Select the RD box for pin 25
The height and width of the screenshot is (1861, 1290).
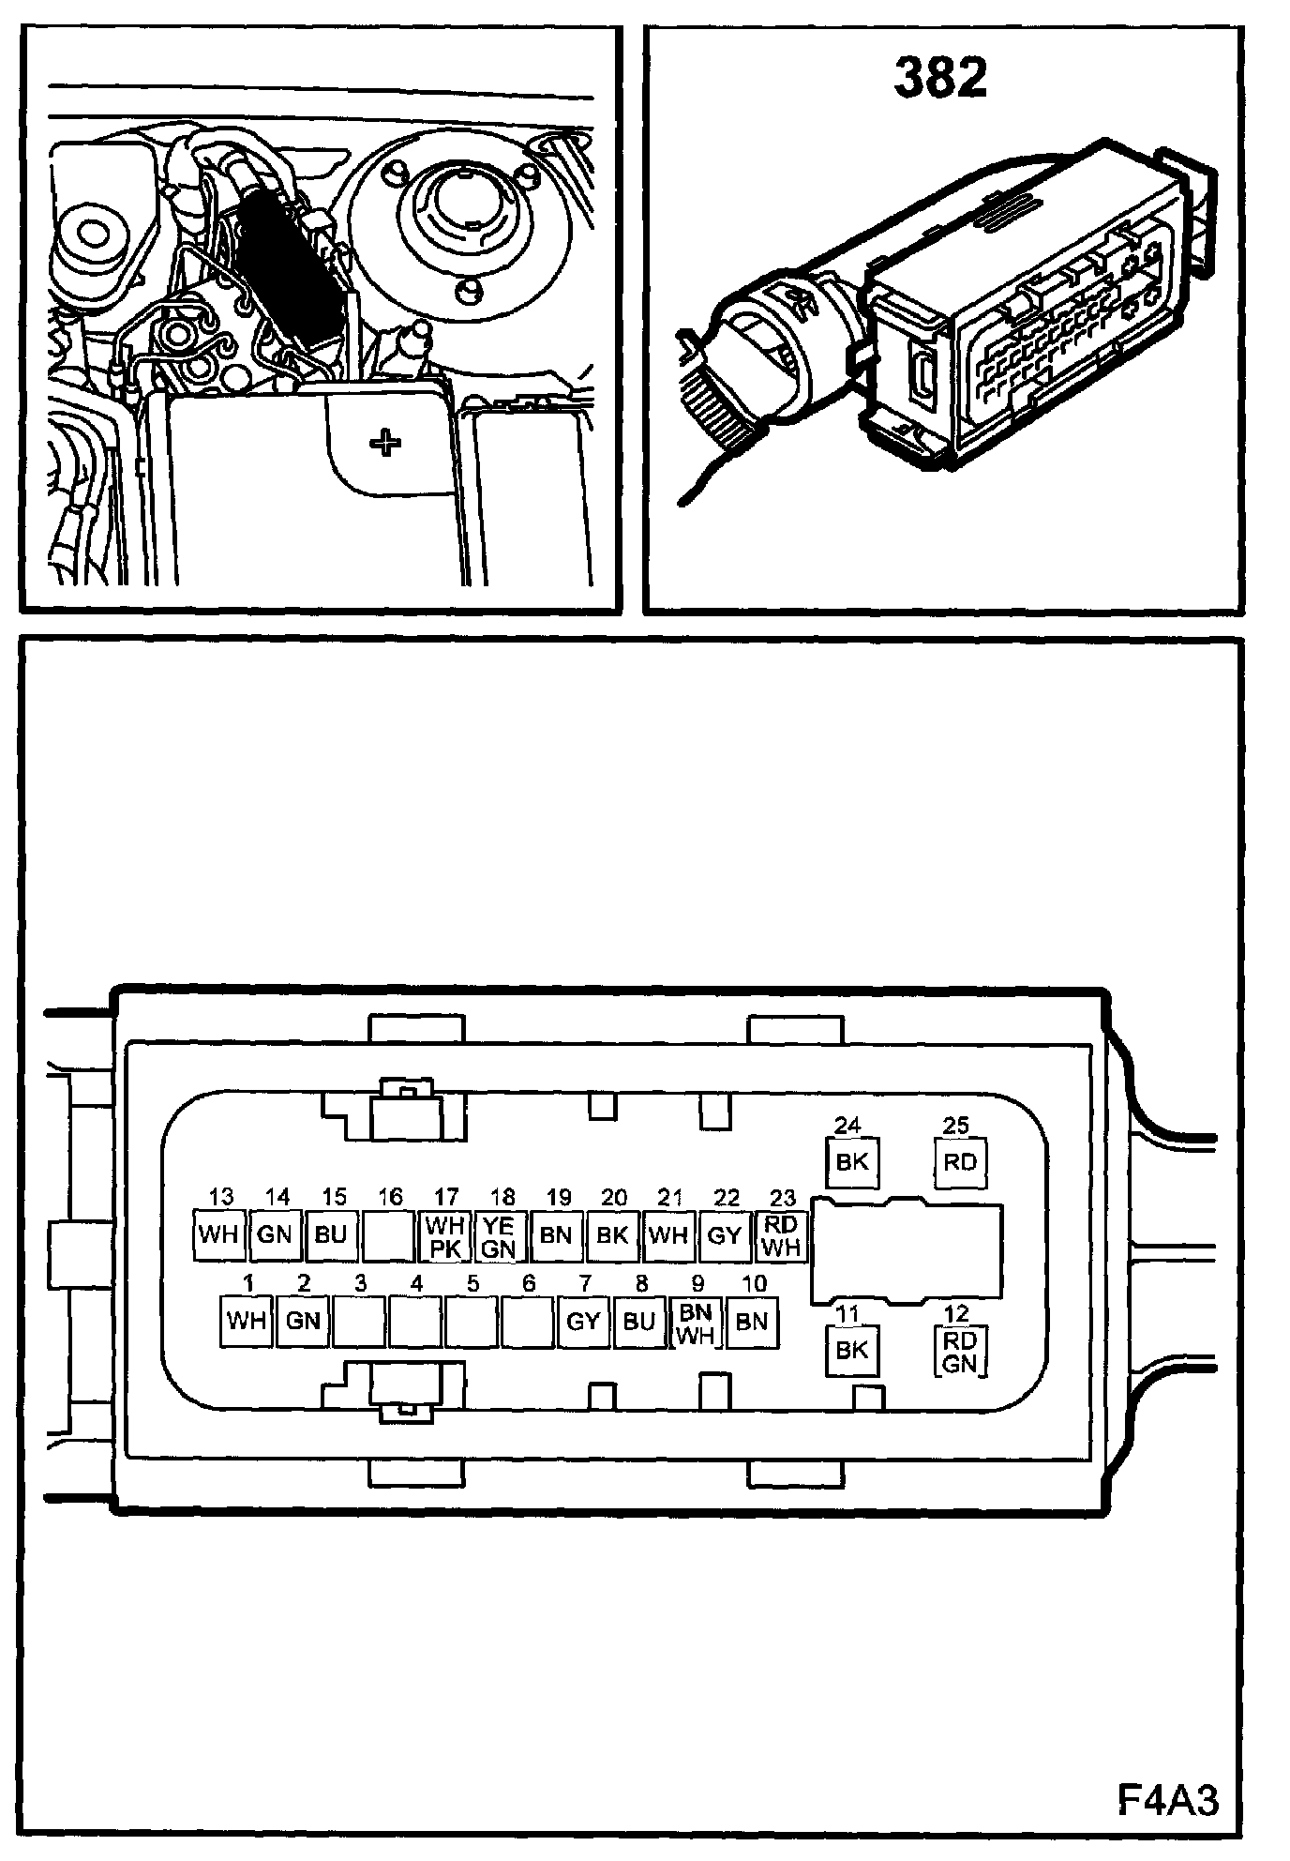[x=960, y=1162]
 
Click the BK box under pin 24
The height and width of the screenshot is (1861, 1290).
[x=851, y=1162]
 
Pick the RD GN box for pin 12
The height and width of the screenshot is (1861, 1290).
[x=960, y=1352]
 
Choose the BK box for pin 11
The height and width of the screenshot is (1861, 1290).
[x=851, y=1350]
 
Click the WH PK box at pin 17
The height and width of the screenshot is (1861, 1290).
[x=444, y=1236]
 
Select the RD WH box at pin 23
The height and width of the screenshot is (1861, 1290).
[x=781, y=1236]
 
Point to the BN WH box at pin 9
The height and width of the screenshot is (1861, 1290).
[x=696, y=1322]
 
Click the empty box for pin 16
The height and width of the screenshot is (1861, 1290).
[x=388, y=1235]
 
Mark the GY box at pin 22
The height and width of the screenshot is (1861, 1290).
[x=725, y=1235]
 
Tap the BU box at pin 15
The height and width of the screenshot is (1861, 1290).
[x=331, y=1235]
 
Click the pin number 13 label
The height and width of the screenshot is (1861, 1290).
[x=221, y=1197]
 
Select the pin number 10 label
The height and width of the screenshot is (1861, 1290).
[x=754, y=1283]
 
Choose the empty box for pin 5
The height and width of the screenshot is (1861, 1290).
[x=472, y=1322]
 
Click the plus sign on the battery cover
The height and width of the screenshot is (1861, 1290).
[x=384, y=443]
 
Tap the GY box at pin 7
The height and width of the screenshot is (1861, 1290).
[x=583, y=1322]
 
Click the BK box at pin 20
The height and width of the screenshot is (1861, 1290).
[x=612, y=1235]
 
